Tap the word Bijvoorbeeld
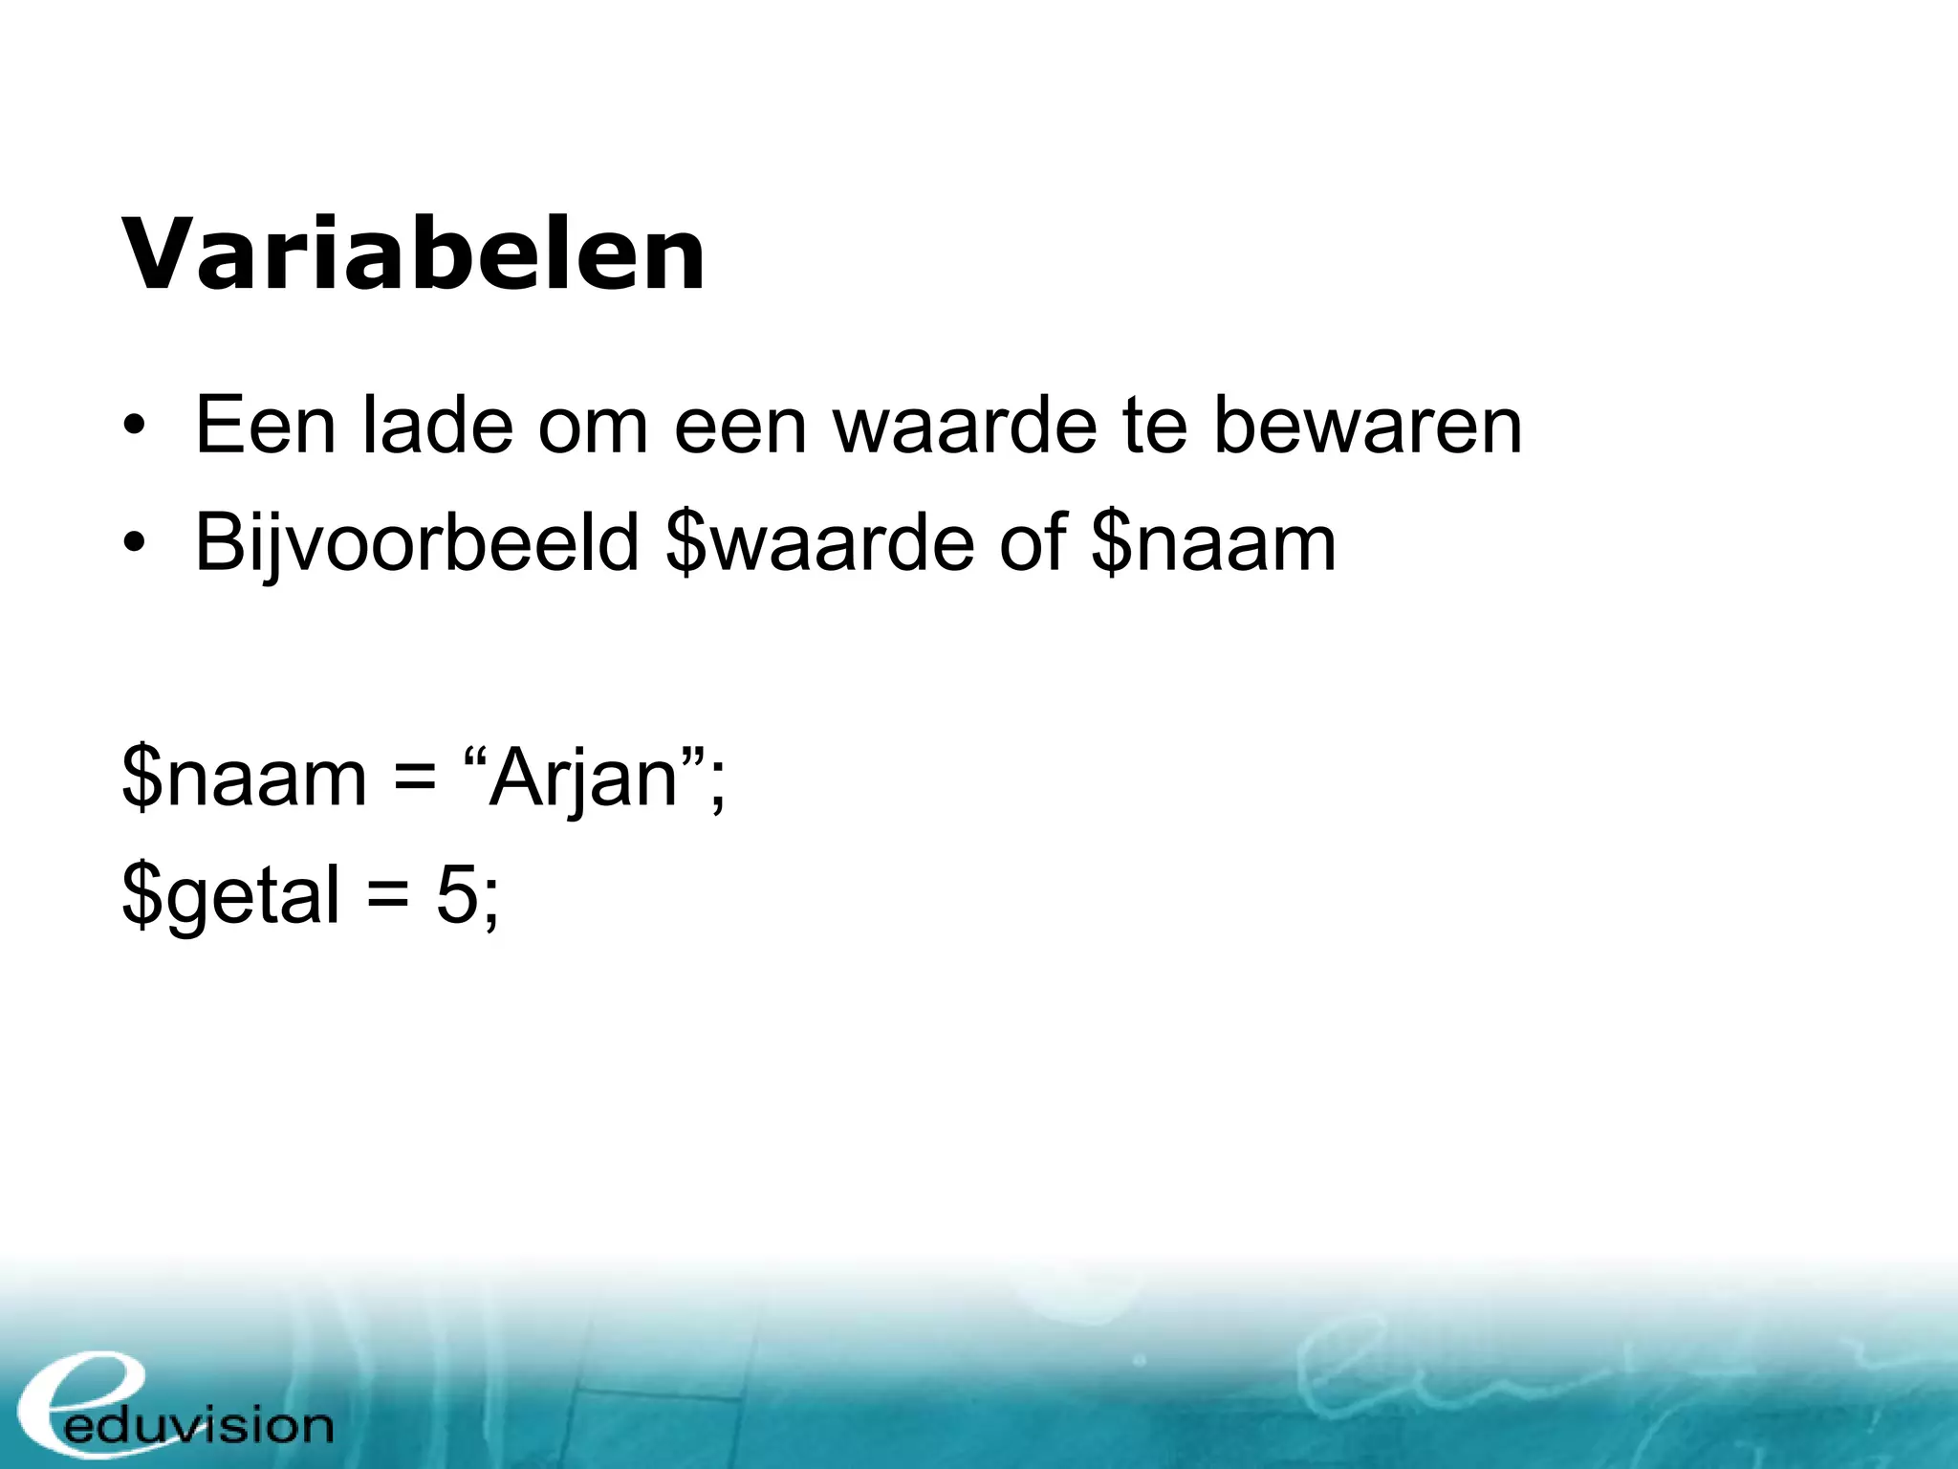coord(417,543)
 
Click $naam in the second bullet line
coord(1212,543)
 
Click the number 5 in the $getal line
coord(456,895)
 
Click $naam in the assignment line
coord(244,778)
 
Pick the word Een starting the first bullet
coord(265,426)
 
